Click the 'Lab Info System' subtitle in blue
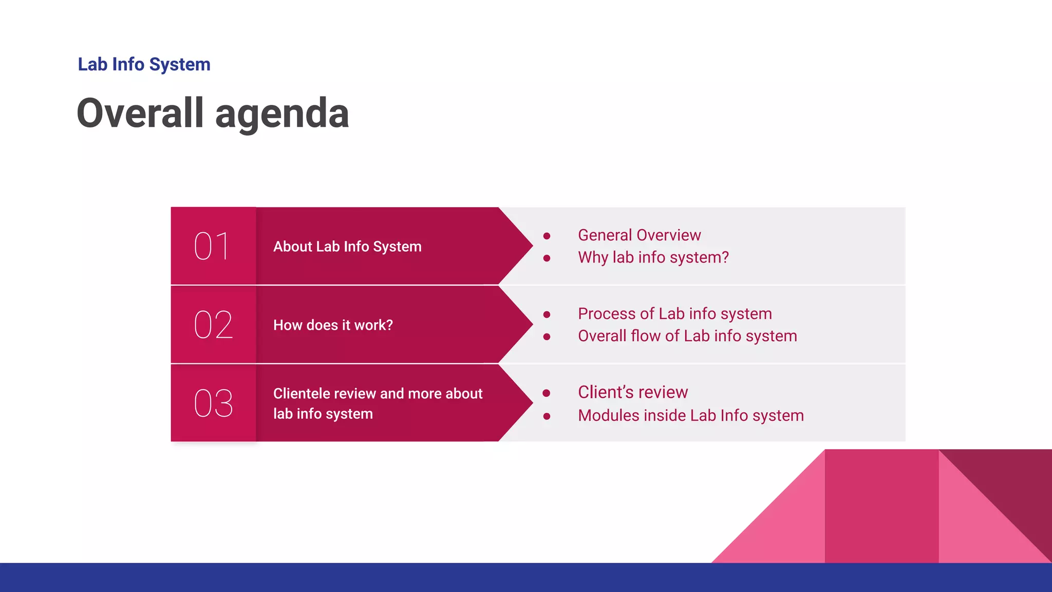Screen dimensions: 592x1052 144,65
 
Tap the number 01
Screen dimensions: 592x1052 212,246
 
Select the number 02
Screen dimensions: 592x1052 213,325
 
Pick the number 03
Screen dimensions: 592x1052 213,403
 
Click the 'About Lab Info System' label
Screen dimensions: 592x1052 347,247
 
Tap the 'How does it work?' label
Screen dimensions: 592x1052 333,325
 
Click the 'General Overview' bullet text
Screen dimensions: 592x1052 639,235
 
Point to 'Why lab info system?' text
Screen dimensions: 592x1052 653,257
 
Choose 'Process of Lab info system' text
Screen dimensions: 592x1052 674,314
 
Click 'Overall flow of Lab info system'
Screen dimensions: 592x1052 687,336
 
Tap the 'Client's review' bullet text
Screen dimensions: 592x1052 632,393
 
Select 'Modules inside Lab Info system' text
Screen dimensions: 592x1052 690,416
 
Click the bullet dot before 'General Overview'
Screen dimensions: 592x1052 547,236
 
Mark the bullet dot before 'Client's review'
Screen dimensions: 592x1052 547,393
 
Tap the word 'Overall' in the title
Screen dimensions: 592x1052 140,114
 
